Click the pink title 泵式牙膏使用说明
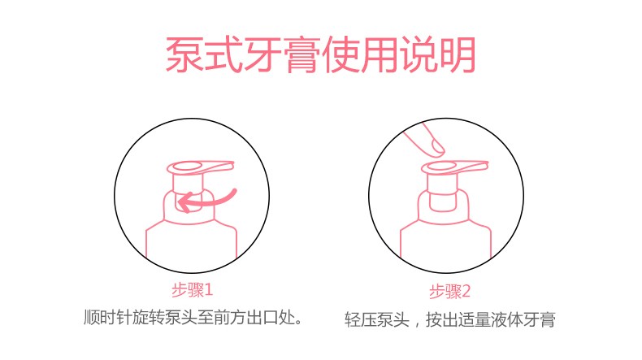320,55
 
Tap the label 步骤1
192,290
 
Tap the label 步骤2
449,292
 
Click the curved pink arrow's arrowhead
185,202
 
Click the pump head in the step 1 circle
200,167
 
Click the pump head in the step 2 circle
454,167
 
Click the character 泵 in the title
184,55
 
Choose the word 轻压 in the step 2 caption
360,319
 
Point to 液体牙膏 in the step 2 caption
523,319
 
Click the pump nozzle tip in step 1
232,165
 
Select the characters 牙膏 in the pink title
282,55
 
